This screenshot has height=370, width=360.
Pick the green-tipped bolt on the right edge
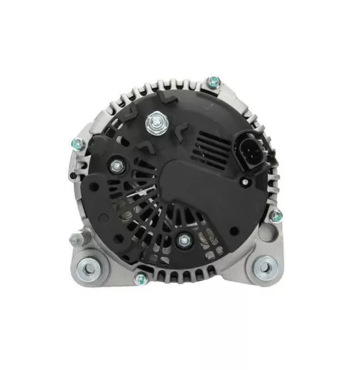(x=276, y=216)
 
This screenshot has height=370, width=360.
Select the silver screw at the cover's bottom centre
(x=182, y=238)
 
